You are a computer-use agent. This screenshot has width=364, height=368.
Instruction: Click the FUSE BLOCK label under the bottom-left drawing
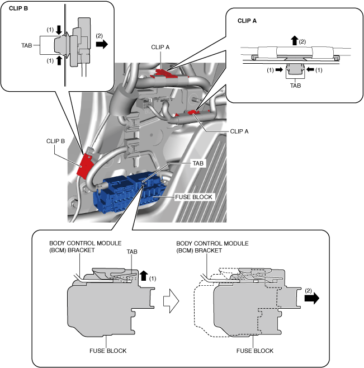[107, 351]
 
